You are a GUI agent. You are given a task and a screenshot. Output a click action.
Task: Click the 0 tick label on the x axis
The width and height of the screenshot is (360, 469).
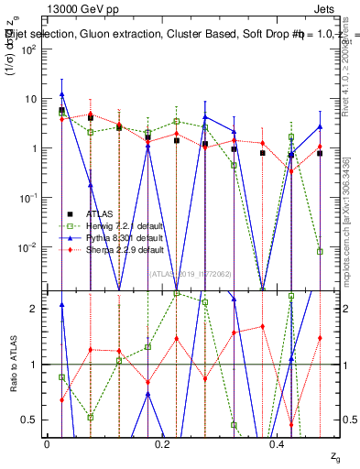pyautogui.click(x=47, y=442)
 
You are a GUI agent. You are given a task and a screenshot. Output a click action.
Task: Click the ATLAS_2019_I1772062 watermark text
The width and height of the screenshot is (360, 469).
pyautogui.click(x=192, y=273)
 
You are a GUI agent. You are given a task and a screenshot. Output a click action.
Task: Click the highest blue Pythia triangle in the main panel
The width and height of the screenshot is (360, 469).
pyautogui.click(x=61, y=94)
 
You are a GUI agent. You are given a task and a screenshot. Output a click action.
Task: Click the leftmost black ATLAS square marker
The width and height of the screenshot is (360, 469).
pyautogui.click(x=61, y=110)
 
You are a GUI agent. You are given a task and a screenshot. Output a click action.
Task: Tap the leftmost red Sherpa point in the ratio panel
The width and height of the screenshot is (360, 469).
pyautogui.click(x=61, y=399)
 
